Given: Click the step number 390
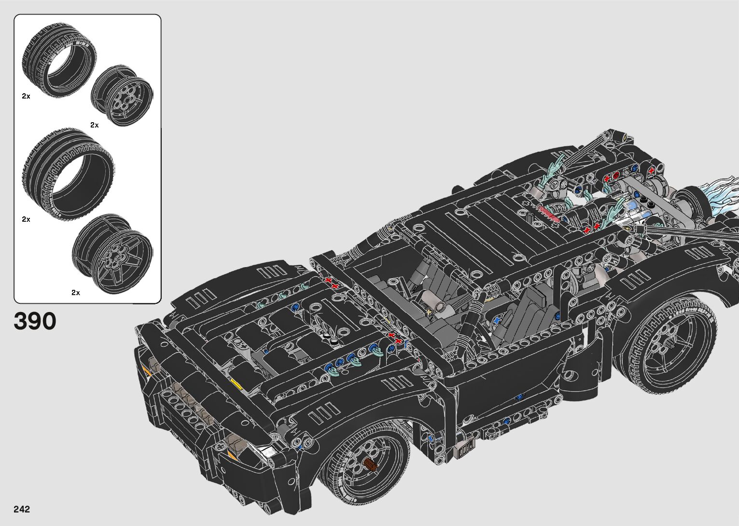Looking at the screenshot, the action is click(35, 321).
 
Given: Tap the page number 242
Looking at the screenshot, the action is click(22, 509).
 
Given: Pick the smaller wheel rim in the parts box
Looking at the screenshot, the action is click(122, 96).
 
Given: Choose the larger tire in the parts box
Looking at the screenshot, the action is click(68, 175).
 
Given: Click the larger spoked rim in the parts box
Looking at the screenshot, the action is click(112, 254).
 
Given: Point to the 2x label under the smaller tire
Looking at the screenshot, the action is click(26, 96).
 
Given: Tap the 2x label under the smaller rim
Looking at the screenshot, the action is click(94, 125).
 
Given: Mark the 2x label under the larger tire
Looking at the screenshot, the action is click(26, 219).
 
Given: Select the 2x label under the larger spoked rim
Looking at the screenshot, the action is click(76, 292).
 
